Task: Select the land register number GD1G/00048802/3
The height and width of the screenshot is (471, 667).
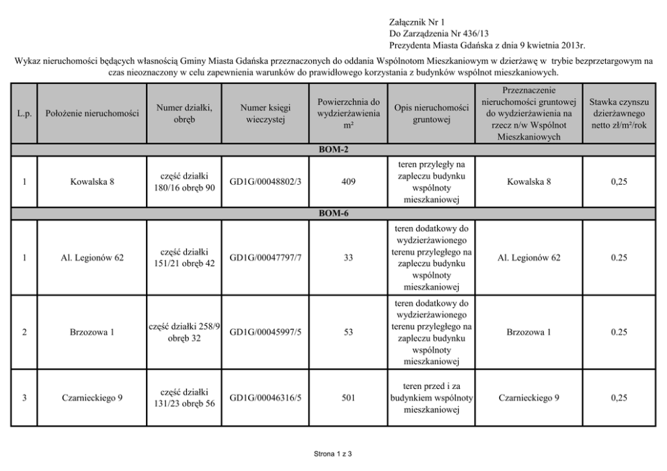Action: pyautogui.click(x=265, y=181)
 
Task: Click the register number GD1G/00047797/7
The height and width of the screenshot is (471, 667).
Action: pyautogui.click(x=265, y=257)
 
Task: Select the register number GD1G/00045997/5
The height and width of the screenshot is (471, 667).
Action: pyautogui.click(x=265, y=332)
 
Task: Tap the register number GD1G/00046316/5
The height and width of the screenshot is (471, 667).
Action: pyautogui.click(x=265, y=398)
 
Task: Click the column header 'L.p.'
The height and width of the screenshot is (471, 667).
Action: pyautogui.click(x=24, y=114)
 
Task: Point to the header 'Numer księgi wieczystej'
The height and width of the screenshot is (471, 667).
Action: pyautogui.click(x=265, y=114)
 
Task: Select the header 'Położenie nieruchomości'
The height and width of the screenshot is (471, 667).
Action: pyautogui.click(x=92, y=114)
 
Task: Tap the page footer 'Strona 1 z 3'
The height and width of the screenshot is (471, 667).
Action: pyautogui.click(x=333, y=454)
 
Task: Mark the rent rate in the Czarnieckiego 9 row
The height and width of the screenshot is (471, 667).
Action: pyautogui.click(x=619, y=398)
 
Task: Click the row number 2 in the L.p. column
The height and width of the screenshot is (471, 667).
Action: pyautogui.click(x=24, y=332)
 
